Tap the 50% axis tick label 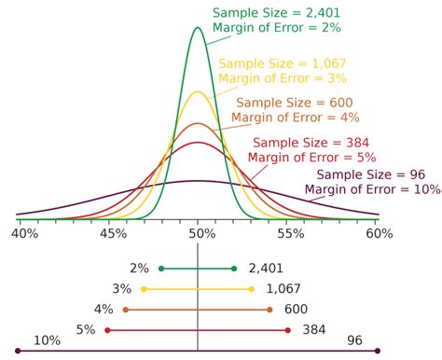tap(200, 237)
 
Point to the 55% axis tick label tap(290, 237)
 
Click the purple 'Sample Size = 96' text tap(371, 174)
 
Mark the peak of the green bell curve tap(198, 27)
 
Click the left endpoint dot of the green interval tap(161, 269)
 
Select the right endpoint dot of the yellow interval tap(252, 289)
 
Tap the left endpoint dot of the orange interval tap(126, 310)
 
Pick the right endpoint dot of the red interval tap(289, 330)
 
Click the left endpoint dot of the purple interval tap(18, 351)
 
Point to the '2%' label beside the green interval tap(139, 269)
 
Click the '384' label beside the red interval tap(313, 330)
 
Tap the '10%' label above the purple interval tap(48, 340)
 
